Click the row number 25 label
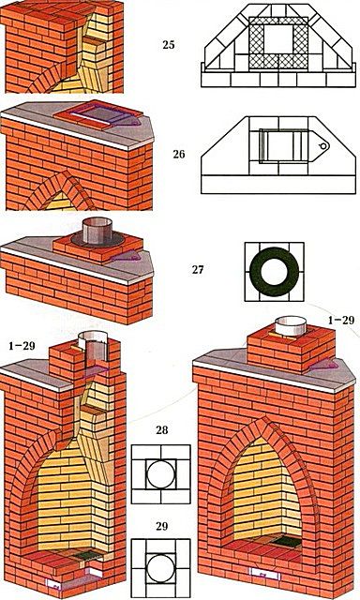point(169,45)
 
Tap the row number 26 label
point(179,154)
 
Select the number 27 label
point(198,270)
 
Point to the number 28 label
point(162,430)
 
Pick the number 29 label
point(162,527)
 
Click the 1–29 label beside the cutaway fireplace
point(22,346)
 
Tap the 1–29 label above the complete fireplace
point(341,320)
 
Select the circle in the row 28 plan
point(147,474)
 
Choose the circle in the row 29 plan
point(147,569)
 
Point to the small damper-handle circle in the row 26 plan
point(323,146)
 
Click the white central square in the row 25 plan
point(278,39)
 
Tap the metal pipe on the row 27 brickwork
point(97,232)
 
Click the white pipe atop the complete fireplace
point(292,326)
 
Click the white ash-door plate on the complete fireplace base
point(264,574)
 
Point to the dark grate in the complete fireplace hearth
point(287,542)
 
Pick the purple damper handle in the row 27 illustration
point(125,256)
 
